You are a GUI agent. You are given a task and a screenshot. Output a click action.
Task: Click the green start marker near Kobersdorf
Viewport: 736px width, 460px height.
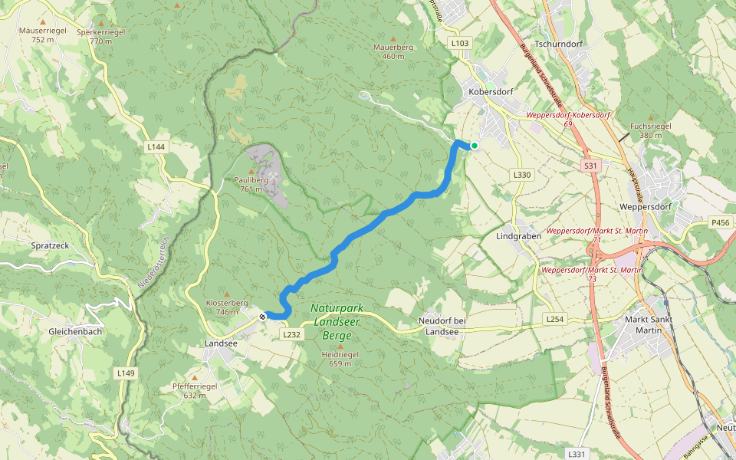click(475, 146)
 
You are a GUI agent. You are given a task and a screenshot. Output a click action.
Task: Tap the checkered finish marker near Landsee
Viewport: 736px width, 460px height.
click(262, 316)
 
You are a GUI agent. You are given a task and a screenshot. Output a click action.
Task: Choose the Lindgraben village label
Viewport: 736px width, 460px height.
click(518, 236)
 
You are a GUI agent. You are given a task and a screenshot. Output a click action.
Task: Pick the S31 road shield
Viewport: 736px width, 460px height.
click(590, 166)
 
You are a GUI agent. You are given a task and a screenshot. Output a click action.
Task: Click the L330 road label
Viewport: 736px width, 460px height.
click(521, 175)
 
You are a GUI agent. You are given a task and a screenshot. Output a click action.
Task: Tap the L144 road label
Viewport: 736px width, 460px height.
click(156, 146)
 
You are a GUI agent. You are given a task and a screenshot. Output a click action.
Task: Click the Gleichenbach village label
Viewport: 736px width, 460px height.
click(75, 331)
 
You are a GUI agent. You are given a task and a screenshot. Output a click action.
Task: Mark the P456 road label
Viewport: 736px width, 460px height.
click(720, 222)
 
